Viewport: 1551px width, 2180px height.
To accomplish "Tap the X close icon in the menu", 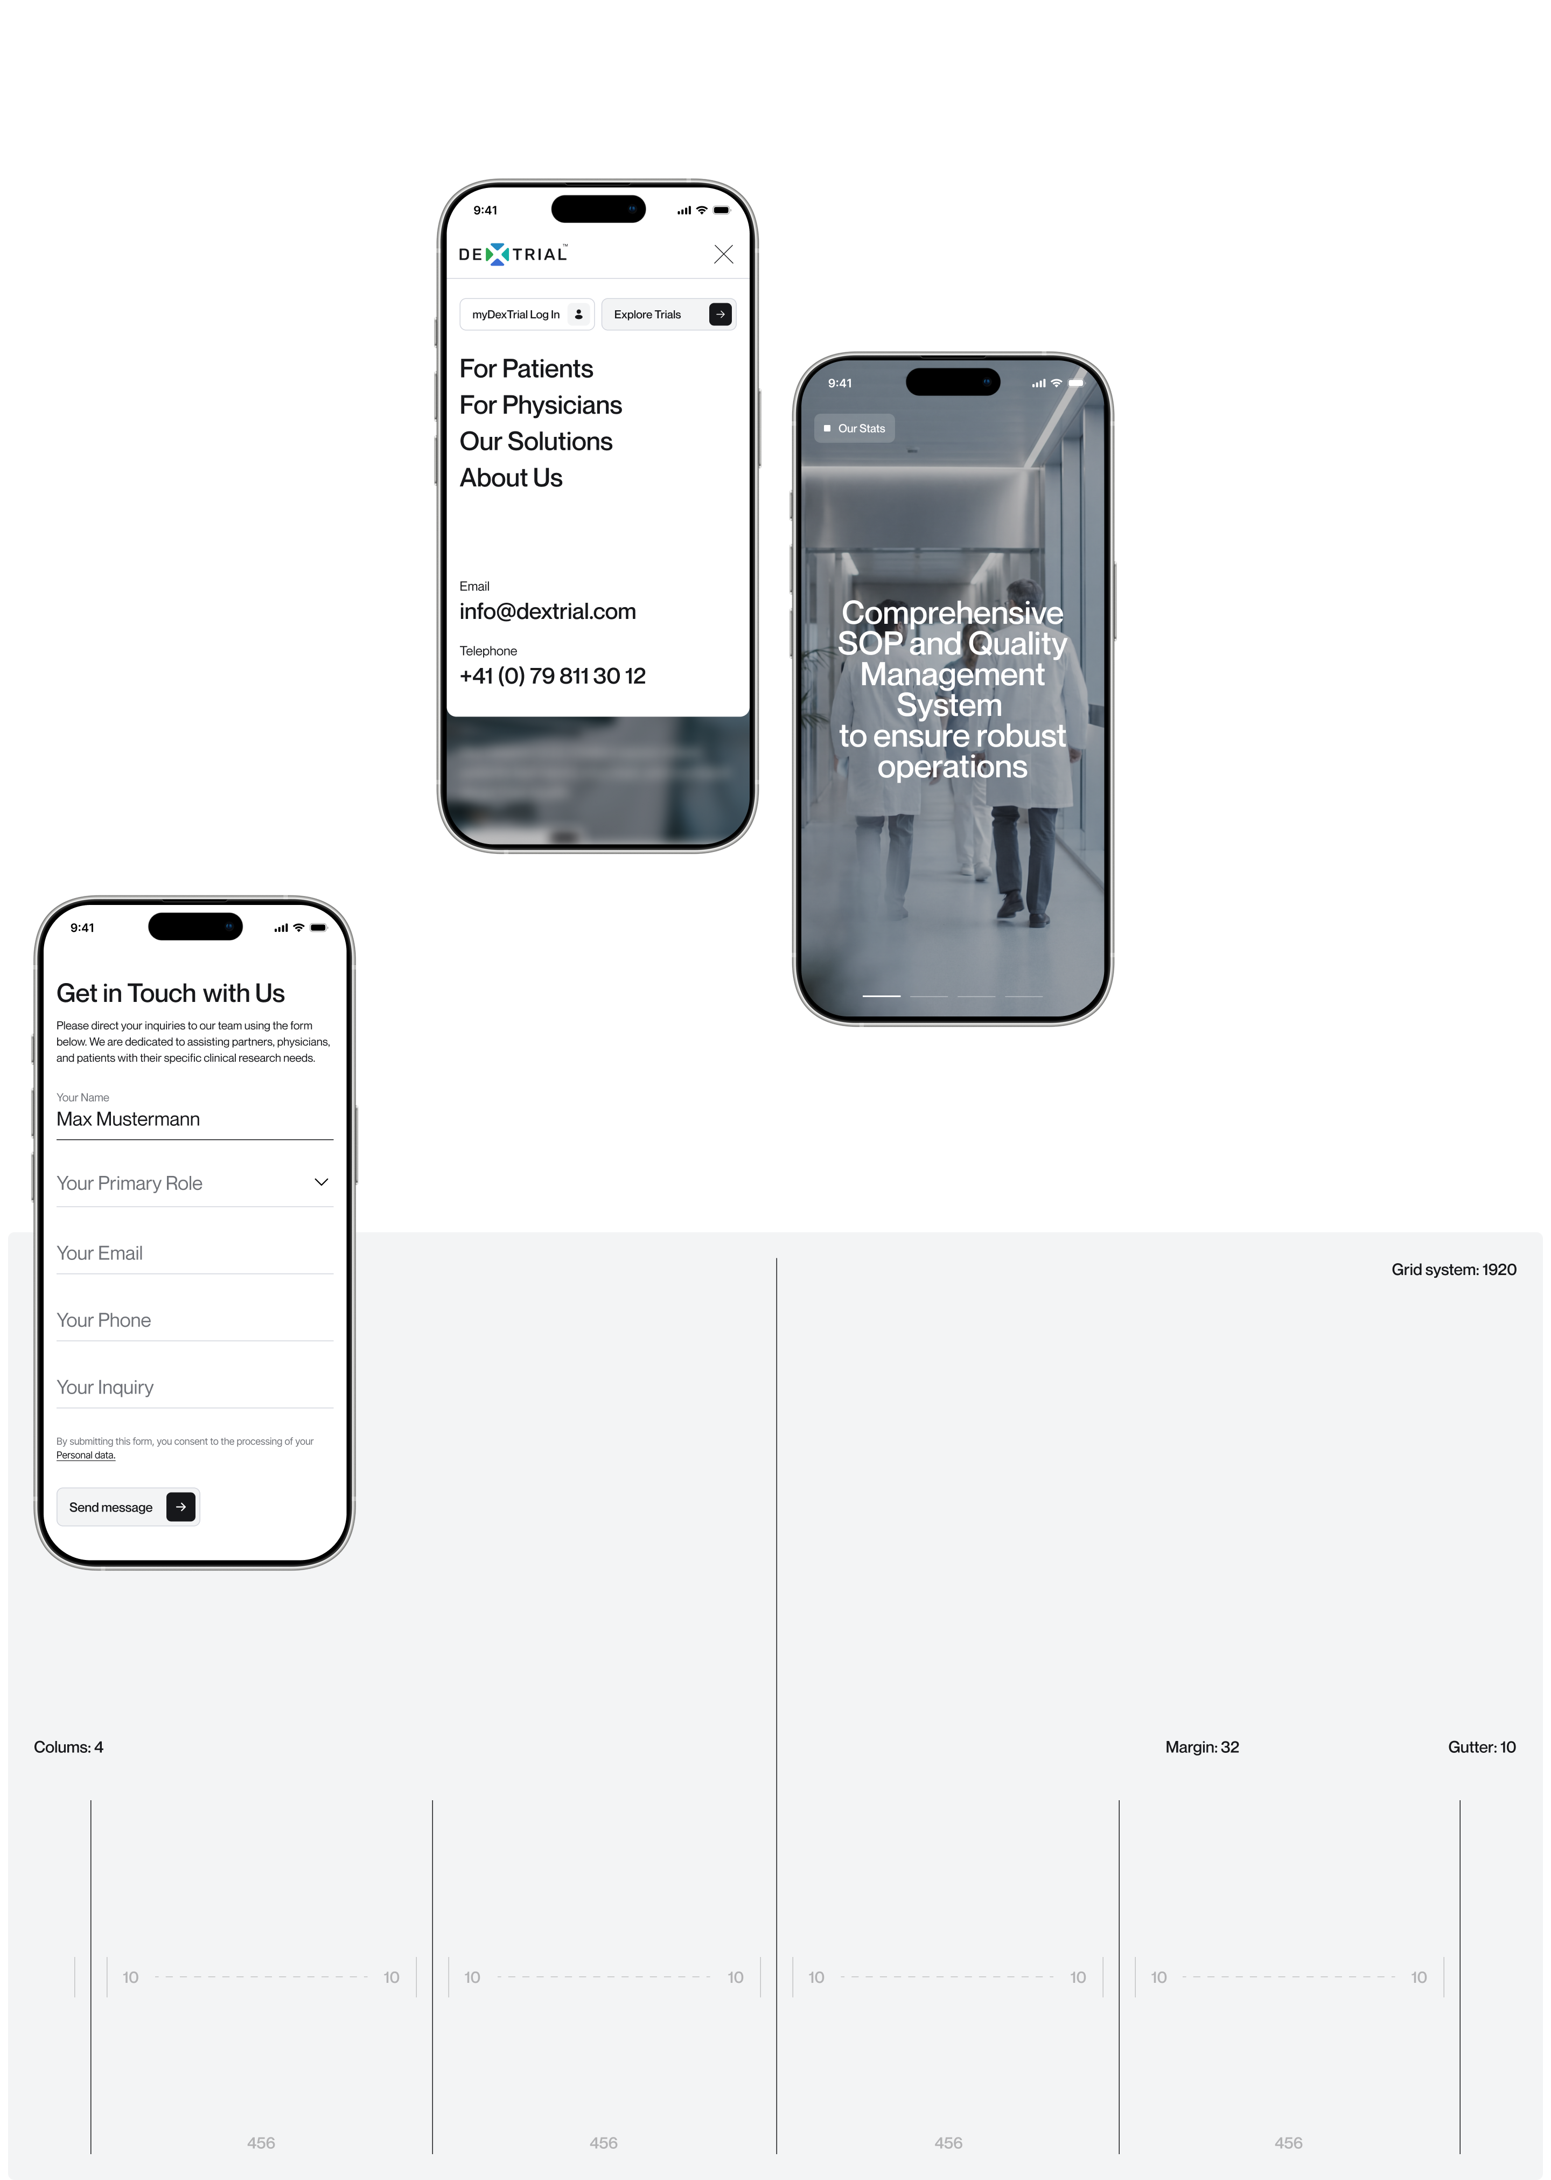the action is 724,254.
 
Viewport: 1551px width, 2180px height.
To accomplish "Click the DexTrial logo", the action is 513,254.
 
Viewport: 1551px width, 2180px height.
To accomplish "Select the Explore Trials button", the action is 668,314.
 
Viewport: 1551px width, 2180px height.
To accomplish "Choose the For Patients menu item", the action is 526,369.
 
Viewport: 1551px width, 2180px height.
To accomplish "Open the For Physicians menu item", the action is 541,405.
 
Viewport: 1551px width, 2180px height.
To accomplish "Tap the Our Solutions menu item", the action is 536,441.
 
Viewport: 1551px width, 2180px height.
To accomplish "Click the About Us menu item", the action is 511,478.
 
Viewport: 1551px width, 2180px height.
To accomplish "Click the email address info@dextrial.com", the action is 547,611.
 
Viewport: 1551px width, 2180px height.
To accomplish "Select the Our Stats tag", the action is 855,429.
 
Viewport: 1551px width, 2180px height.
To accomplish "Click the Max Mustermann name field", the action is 195,1119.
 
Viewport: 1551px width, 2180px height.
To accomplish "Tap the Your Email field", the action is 195,1253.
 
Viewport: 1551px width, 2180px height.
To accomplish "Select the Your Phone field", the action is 195,1320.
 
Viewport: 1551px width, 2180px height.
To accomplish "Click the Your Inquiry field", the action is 195,1387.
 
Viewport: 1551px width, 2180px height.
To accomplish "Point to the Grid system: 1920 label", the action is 1454,1270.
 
